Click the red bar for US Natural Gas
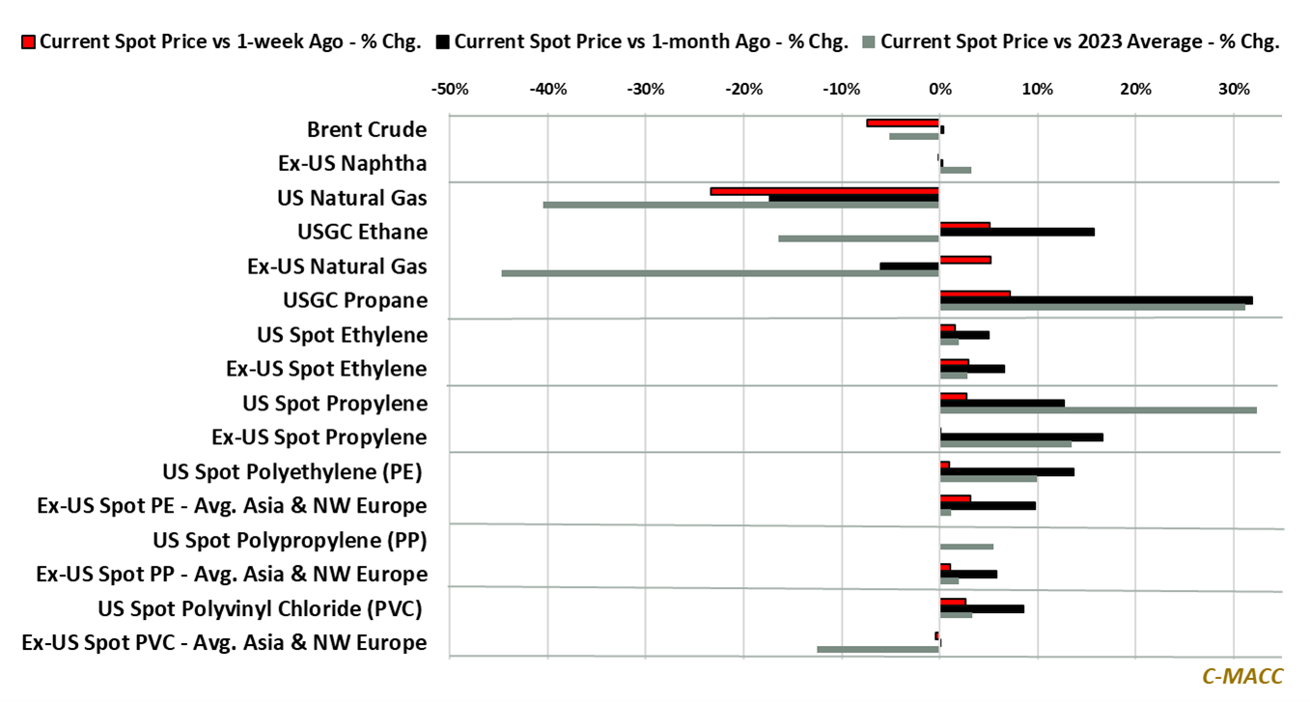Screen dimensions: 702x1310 click(824, 191)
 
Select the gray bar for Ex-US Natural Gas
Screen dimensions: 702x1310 click(720, 273)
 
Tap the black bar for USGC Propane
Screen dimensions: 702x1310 click(1096, 300)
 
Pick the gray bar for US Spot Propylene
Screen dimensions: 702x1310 click(1098, 410)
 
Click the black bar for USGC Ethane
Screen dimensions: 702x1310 click(1017, 232)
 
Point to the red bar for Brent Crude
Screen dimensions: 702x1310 click(903, 123)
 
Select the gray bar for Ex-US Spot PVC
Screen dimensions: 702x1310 click(878, 649)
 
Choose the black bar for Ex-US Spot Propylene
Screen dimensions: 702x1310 click(1021, 437)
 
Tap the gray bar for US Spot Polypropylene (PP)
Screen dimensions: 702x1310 click(966, 547)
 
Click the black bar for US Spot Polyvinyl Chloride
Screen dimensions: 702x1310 click(982, 608)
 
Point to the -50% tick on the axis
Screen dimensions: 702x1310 click(450, 90)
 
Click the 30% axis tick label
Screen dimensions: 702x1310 click(1234, 90)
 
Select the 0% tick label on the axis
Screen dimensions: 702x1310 click(939, 90)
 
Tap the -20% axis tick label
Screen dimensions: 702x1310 click(743, 90)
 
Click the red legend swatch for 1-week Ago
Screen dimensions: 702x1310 click(28, 42)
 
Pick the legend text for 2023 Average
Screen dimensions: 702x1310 click(1079, 42)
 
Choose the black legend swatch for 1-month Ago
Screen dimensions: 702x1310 click(443, 42)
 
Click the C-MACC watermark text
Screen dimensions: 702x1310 click(1241, 677)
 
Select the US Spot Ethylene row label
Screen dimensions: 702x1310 click(342, 335)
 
